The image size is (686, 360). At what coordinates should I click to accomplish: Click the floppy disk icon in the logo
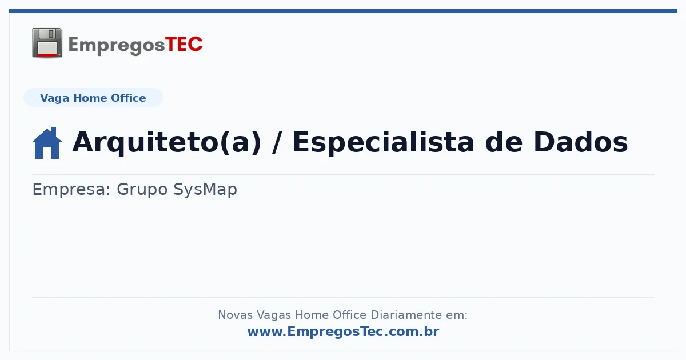[x=47, y=43]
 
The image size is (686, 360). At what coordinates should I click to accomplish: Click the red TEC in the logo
[x=184, y=45]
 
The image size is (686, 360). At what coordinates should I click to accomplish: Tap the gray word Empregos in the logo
[x=117, y=45]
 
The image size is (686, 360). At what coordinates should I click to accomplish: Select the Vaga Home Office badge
[x=93, y=98]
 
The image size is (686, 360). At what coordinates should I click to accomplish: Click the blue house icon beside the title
[x=47, y=143]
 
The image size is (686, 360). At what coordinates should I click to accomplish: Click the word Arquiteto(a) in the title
[x=166, y=142]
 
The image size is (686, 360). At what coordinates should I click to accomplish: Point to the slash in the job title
[x=277, y=142]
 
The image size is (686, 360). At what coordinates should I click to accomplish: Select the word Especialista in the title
[x=384, y=142]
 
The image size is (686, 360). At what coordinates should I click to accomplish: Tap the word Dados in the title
[x=581, y=142]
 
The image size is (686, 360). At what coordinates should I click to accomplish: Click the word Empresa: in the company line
[x=71, y=189]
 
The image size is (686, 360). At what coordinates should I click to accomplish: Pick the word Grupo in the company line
[x=142, y=189]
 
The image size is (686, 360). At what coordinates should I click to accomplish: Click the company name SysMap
[x=205, y=189]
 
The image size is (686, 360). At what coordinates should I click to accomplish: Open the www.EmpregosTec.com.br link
[x=343, y=331]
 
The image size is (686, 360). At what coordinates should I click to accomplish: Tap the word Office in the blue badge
[x=128, y=98]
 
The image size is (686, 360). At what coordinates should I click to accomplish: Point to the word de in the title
[x=504, y=142]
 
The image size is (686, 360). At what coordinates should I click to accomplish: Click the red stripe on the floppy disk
[x=47, y=55]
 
